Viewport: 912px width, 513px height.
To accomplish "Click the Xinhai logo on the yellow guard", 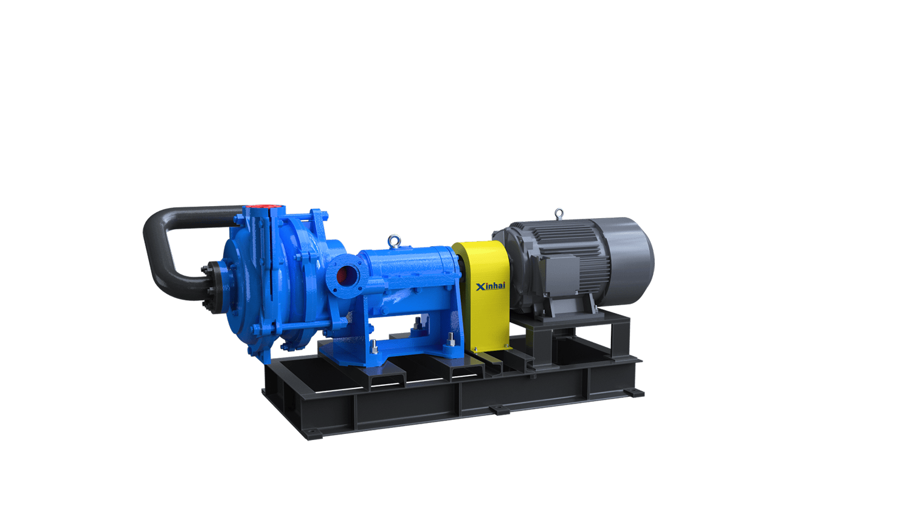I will point(490,286).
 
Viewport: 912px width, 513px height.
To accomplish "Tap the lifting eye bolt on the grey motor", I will point(559,213).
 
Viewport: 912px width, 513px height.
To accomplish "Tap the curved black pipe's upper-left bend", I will point(156,222).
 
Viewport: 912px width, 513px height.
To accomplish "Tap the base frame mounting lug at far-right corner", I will point(635,393).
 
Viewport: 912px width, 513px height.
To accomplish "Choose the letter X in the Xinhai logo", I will point(480,286).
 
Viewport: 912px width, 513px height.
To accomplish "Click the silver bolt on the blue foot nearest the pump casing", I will point(375,347).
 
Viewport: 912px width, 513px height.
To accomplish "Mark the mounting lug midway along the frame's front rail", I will point(500,411).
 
